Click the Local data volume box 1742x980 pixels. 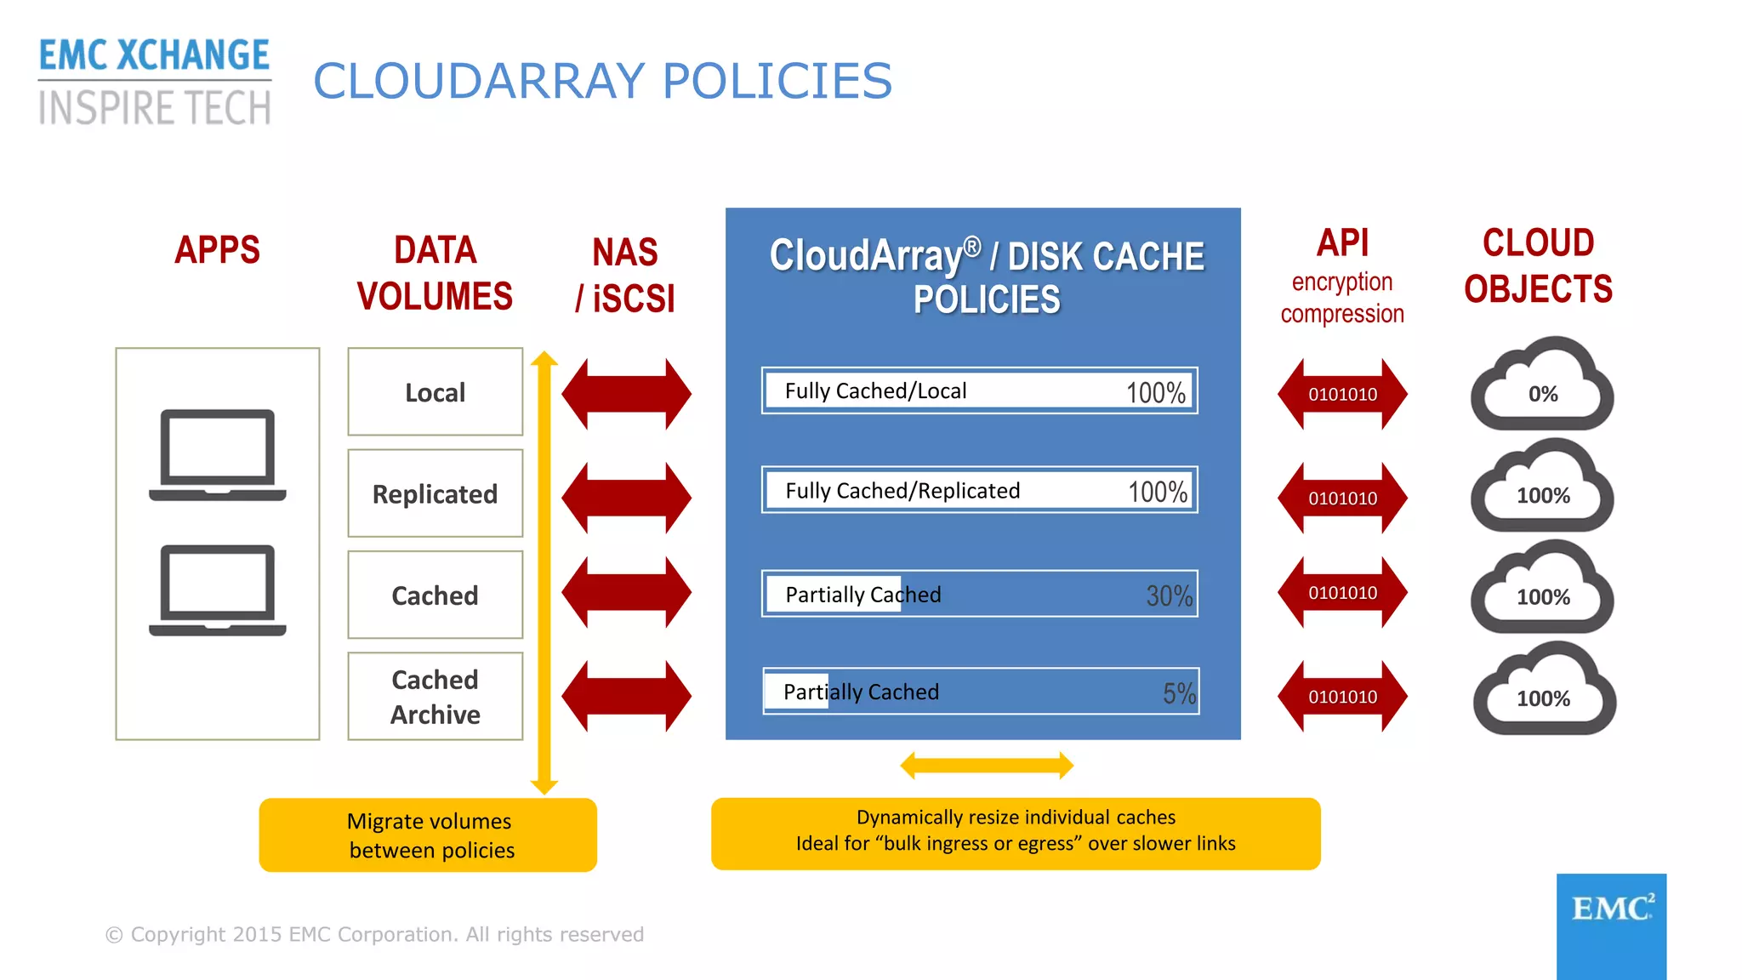(435, 391)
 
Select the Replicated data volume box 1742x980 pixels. (435, 493)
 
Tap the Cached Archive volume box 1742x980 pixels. (435, 696)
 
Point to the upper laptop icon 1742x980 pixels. (218, 454)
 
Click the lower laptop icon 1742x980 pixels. (218, 590)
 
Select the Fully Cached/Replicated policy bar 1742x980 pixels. (979, 490)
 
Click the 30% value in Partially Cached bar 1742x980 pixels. (1169, 595)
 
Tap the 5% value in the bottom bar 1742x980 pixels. (1179, 693)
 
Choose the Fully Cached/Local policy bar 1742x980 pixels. (979, 390)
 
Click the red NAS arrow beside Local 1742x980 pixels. (627, 394)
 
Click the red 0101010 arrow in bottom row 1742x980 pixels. (1342, 697)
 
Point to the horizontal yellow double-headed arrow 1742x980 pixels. (987, 766)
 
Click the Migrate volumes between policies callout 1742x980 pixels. (428, 835)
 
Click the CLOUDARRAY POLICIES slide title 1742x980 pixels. (602, 82)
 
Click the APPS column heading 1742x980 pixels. (217, 250)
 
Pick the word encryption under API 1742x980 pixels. (1341, 282)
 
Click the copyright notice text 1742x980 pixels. (374, 934)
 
